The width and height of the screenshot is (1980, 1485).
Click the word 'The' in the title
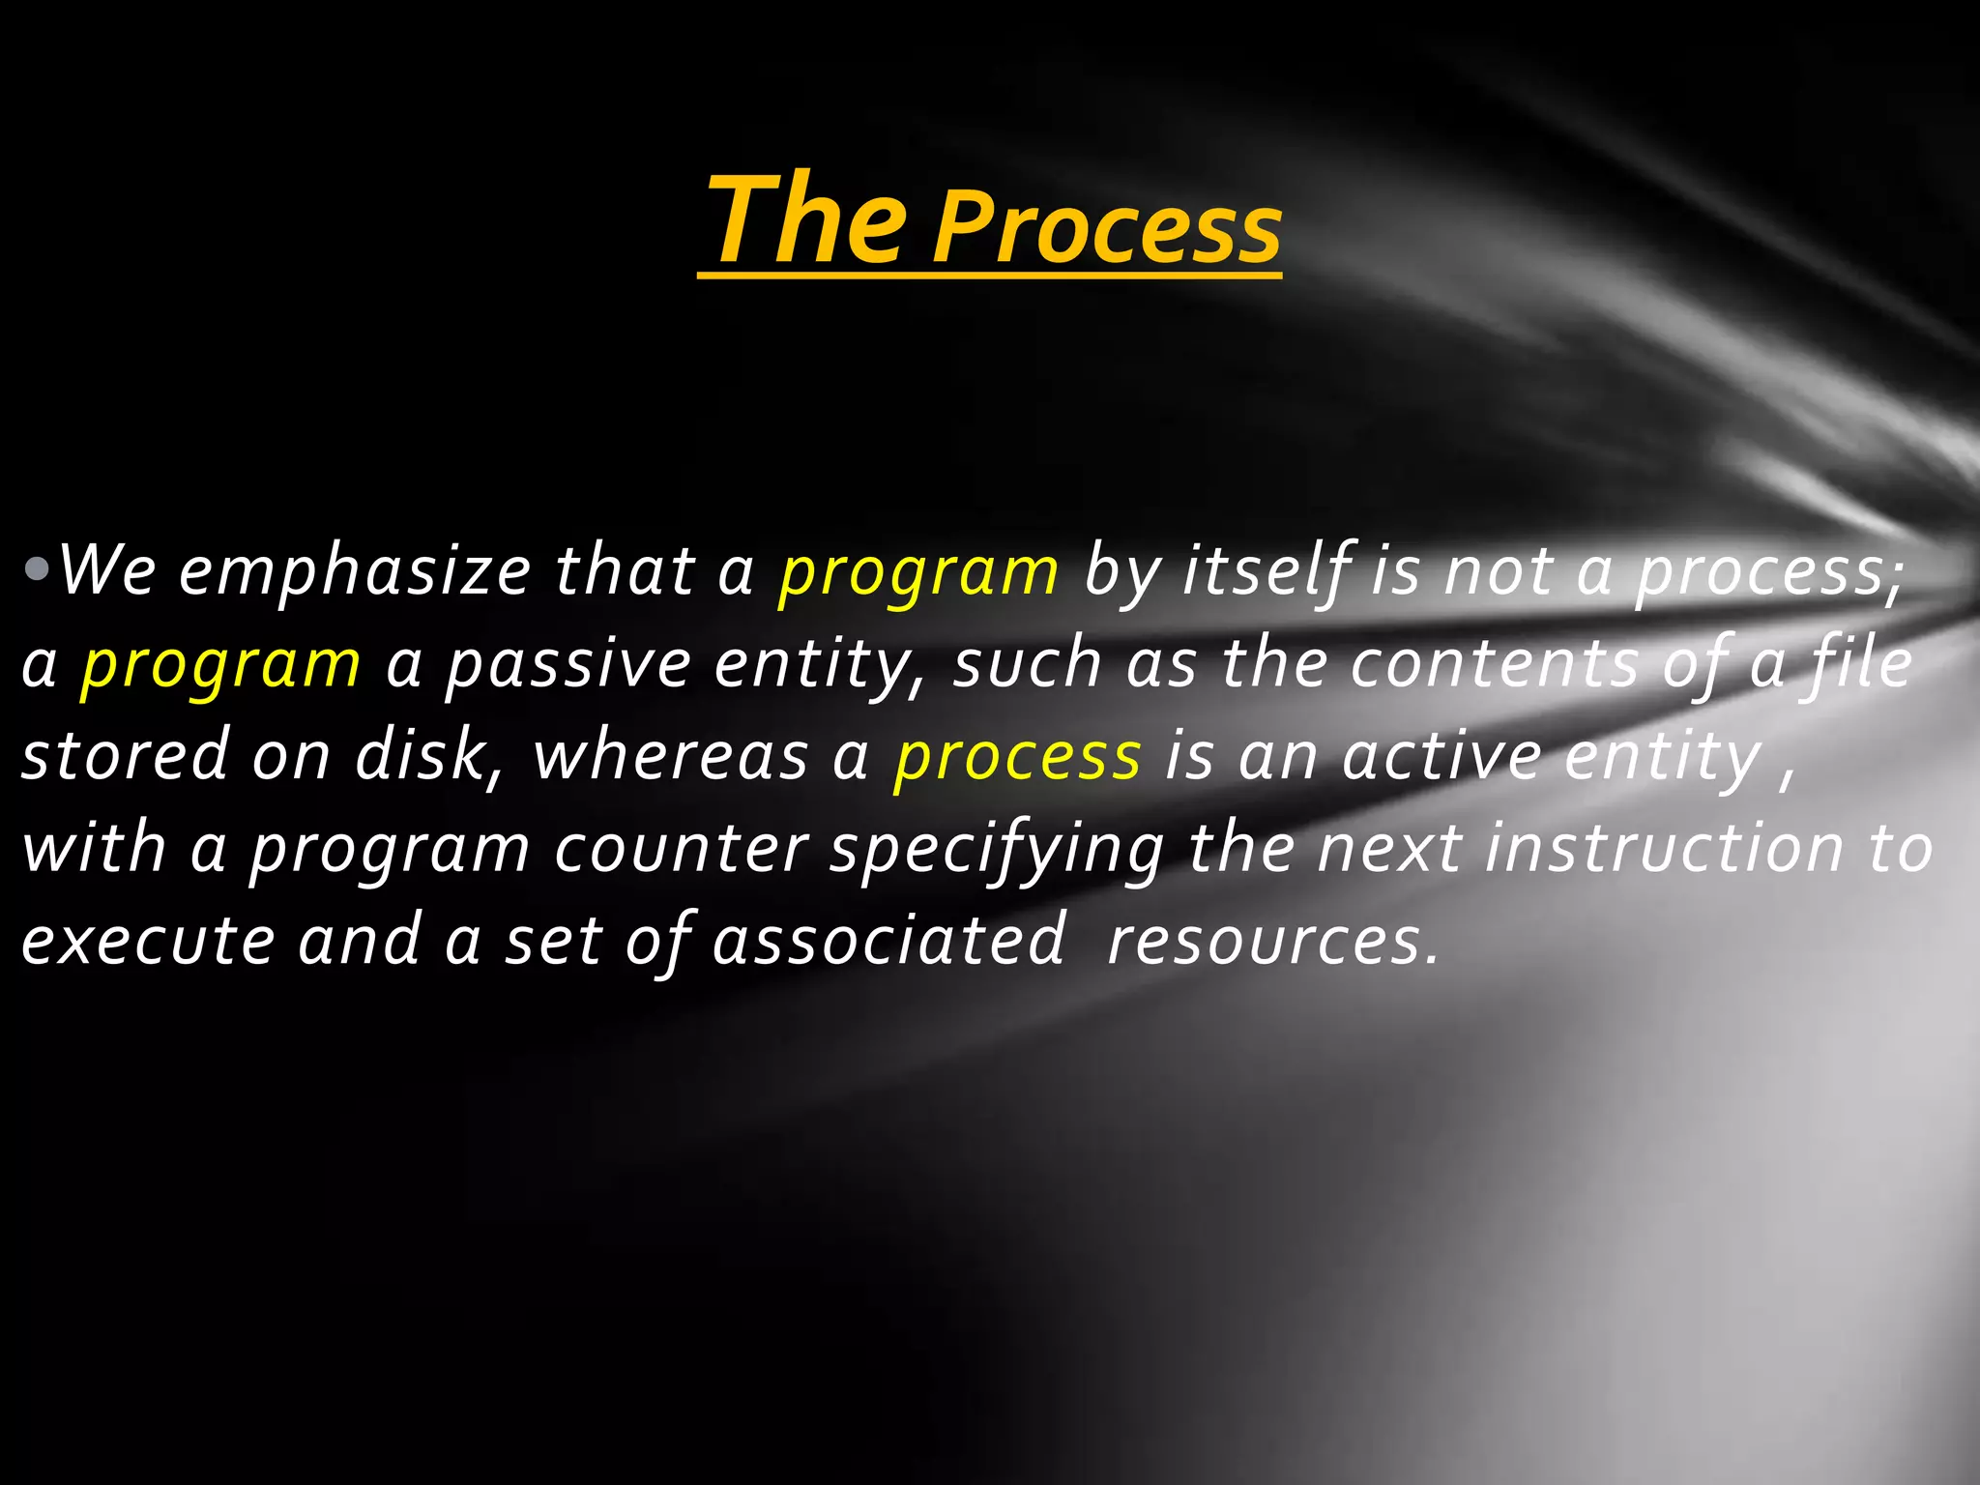tap(808, 219)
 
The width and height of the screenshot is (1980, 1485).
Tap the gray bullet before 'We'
tap(37, 569)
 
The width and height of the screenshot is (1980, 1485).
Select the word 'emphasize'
tap(354, 571)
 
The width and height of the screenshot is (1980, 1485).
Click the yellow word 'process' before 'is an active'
tap(1017, 759)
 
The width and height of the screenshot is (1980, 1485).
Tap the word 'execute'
tap(148, 941)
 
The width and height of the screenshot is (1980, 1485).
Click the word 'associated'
tap(888, 941)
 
